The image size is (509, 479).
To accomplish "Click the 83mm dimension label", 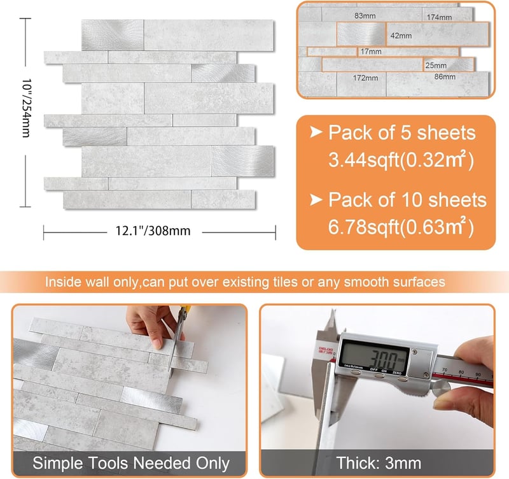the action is click(x=365, y=15).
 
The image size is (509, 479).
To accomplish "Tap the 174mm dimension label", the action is click(x=439, y=17).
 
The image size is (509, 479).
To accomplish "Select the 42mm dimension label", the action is click(x=401, y=36).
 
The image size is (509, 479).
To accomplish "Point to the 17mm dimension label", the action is click(x=371, y=52).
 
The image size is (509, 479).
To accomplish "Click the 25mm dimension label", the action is click(x=436, y=66).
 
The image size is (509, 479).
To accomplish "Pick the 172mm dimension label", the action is click(x=365, y=78).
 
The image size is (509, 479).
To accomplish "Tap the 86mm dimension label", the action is click(x=445, y=77).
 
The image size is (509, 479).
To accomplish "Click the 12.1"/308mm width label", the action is click(x=153, y=231).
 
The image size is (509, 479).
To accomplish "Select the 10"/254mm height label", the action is click(x=26, y=108).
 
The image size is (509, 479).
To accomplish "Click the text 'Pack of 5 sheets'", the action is click(x=402, y=133).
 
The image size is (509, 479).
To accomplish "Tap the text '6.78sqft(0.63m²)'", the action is click(x=401, y=227).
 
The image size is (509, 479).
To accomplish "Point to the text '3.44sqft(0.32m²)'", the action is click(x=401, y=159).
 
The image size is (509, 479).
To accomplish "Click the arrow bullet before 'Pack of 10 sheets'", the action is click(x=316, y=199).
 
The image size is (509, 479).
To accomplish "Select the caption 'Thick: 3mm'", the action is click(x=379, y=463).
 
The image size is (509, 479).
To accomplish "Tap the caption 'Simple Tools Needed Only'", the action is click(x=131, y=463).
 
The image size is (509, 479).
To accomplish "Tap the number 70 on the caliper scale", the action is click(x=444, y=369).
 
